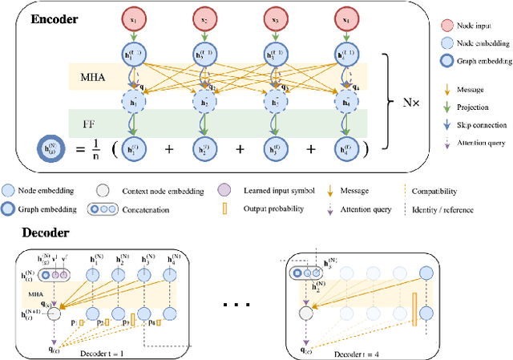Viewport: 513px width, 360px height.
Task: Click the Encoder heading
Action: (x=55, y=19)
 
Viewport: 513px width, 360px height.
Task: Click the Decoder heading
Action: (x=38, y=233)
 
